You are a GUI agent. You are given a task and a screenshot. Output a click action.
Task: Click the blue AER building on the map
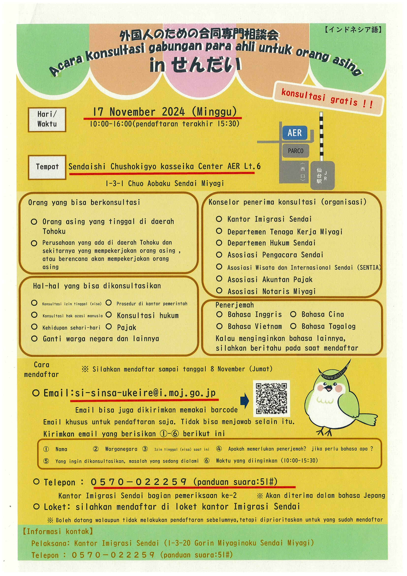point(295,133)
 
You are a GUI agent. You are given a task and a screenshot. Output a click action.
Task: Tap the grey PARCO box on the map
point(296,151)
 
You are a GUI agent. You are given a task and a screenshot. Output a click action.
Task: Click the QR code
point(271,398)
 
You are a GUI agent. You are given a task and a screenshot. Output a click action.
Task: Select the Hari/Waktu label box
point(47,119)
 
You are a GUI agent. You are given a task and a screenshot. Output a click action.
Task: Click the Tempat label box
point(47,167)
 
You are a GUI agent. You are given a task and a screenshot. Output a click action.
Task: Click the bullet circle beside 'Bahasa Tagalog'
point(293,326)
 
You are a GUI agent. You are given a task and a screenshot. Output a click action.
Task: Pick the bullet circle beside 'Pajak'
point(109,326)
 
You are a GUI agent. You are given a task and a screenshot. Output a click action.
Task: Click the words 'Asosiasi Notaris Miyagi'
point(271,291)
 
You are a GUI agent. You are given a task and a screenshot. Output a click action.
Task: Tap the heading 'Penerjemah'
point(235,305)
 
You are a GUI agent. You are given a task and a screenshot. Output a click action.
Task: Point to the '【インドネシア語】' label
point(353,30)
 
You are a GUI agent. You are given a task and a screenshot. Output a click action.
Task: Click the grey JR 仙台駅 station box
point(322,175)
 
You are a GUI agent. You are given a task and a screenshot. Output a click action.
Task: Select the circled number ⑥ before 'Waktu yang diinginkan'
point(207,461)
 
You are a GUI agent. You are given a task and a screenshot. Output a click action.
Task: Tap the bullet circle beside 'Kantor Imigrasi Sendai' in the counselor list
point(219,219)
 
